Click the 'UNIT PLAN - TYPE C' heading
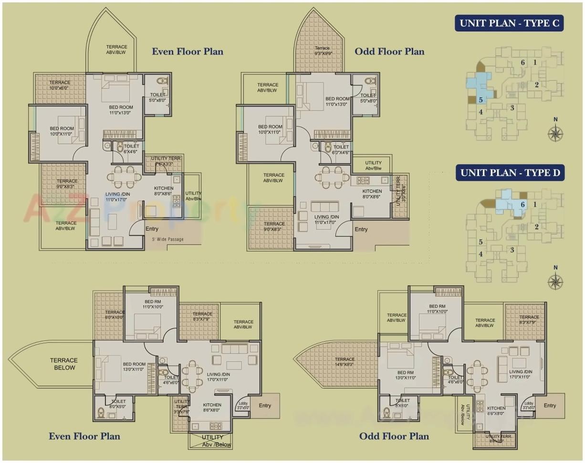[x=509, y=23]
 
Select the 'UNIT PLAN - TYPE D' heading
[x=510, y=173]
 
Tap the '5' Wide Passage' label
[x=167, y=239]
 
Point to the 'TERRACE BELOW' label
[x=64, y=364]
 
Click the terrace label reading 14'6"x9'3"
[x=345, y=362]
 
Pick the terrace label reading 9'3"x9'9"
[x=322, y=51]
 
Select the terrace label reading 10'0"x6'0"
[x=60, y=85]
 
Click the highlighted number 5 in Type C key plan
[x=481, y=99]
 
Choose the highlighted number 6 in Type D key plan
[x=522, y=205]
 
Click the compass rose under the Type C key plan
[x=555, y=133]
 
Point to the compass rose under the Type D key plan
[x=555, y=281]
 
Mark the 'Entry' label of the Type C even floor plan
[x=152, y=229]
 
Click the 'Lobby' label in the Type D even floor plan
[x=242, y=406]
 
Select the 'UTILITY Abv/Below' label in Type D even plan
[x=212, y=441]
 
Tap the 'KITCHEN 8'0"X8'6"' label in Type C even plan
[x=164, y=191]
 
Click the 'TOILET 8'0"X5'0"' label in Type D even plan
[x=118, y=404]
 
